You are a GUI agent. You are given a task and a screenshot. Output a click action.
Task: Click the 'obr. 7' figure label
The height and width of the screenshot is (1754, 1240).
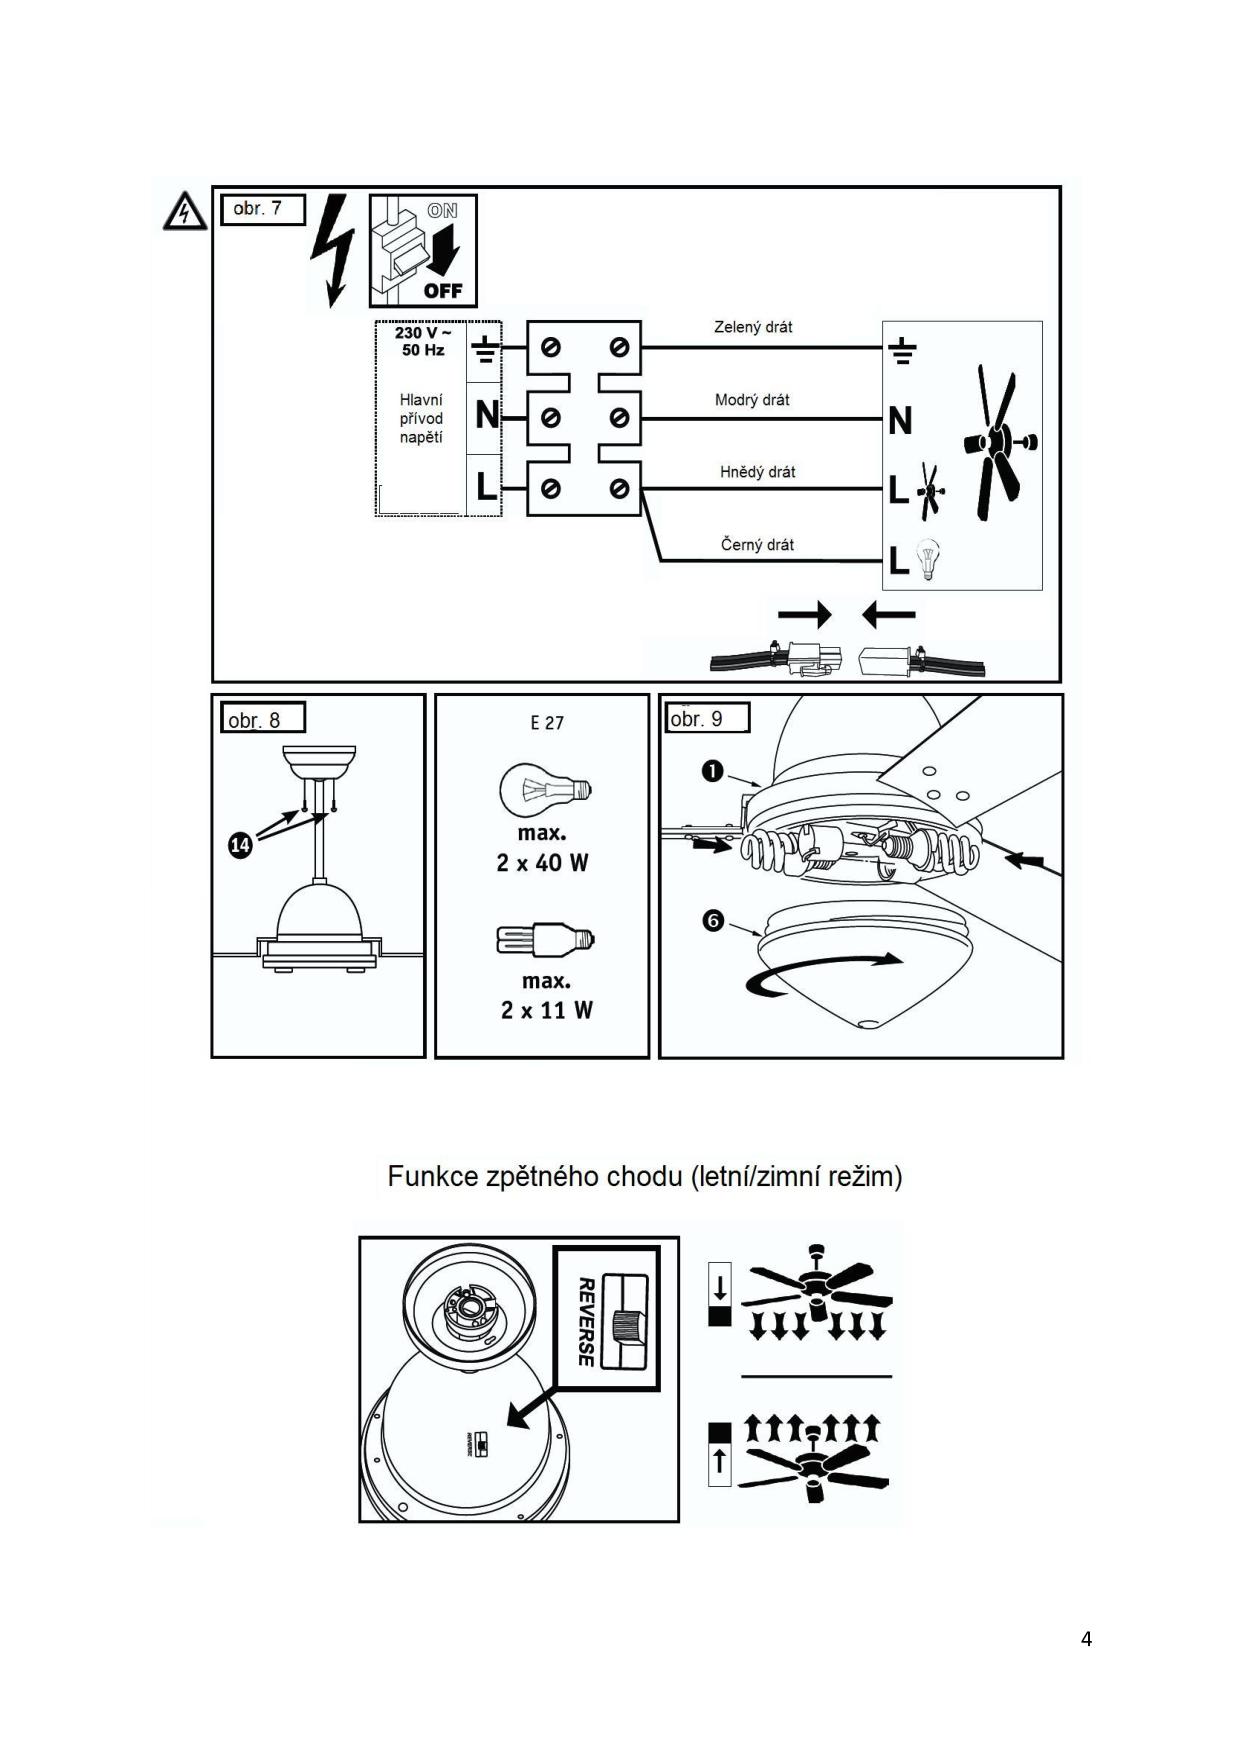coord(258,209)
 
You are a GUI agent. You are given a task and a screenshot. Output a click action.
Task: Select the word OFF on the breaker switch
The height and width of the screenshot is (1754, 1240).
coord(443,291)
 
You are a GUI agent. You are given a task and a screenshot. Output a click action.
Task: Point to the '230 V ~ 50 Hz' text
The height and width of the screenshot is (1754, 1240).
coord(422,341)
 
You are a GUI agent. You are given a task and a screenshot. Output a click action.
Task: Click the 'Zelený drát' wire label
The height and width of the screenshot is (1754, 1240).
coord(753,327)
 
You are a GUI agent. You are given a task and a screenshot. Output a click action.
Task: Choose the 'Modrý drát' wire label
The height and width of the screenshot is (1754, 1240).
coord(752,400)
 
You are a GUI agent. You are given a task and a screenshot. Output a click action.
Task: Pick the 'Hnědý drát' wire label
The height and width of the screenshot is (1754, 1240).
coord(757,472)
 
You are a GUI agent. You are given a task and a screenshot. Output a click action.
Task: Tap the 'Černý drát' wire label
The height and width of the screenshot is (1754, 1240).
coord(757,545)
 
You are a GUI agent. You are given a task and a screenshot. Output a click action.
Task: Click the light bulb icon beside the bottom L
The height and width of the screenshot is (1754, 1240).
coord(929,560)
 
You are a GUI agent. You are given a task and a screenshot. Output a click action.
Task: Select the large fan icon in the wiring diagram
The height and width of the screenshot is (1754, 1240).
coord(999,441)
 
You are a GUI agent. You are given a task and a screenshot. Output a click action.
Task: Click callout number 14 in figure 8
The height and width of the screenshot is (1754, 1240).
coord(240,846)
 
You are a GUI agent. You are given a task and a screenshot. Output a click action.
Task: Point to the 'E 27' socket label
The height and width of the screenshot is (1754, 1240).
coord(547,723)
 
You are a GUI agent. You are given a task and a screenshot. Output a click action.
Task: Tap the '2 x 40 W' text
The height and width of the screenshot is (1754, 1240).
coord(542,863)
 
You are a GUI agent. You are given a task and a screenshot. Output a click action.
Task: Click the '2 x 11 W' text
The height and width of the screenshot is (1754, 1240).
coord(546,1010)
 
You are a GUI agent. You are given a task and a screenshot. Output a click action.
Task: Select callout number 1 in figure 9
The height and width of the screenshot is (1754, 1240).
coord(712,771)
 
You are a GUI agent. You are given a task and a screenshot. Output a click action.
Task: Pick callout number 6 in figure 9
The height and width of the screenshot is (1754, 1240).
coord(713,920)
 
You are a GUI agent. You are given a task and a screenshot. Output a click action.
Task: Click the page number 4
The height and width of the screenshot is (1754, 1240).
coord(1086,1639)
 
